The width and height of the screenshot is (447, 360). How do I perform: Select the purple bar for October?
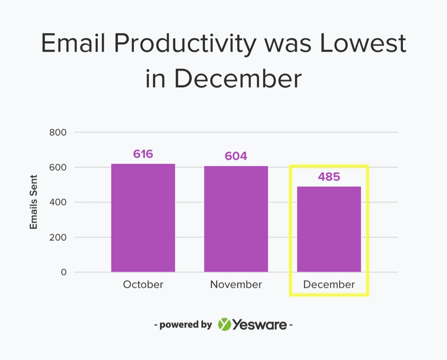[x=143, y=218]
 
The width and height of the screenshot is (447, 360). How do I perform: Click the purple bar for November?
[x=236, y=219]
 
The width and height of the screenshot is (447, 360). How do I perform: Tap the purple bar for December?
[x=329, y=229]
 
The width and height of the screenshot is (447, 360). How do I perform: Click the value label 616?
[x=143, y=154]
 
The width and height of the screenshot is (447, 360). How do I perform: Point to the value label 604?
[x=236, y=156]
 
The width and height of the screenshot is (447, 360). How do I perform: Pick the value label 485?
[x=329, y=177]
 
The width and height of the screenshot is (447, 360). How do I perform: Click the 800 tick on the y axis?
[x=58, y=132]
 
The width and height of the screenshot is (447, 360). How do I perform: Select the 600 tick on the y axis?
[x=58, y=168]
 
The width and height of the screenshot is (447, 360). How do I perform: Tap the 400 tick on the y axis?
[x=58, y=202]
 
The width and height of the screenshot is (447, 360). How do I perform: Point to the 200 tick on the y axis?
[x=58, y=237]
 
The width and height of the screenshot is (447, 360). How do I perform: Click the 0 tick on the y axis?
[x=64, y=272]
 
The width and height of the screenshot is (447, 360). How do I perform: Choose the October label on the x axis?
[x=143, y=284]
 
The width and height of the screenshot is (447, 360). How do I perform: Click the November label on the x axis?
[x=236, y=284]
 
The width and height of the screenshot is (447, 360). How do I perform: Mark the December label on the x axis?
[x=329, y=284]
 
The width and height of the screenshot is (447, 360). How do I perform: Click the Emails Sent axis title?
[x=33, y=202]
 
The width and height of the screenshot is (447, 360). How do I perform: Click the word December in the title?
[x=237, y=79]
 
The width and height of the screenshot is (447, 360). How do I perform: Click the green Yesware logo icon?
[x=225, y=325]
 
